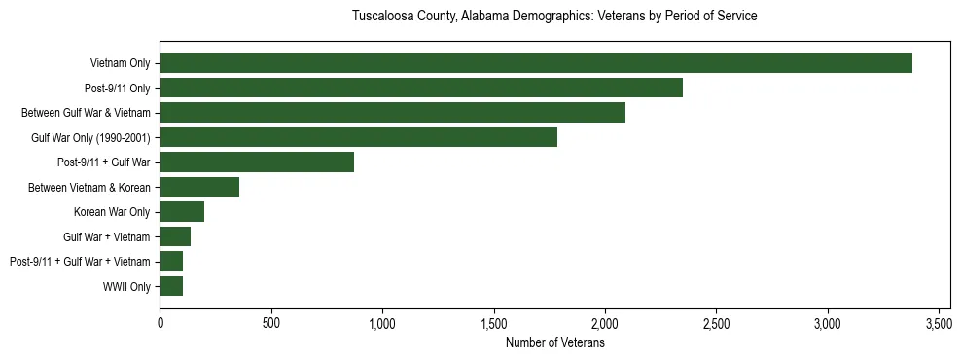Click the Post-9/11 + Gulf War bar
click(257, 162)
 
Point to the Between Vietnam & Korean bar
click(199, 187)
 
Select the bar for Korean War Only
click(182, 212)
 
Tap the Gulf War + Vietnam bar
click(175, 236)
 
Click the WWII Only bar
click(171, 286)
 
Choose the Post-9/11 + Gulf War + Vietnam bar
click(171, 261)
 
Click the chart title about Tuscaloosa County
click(554, 17)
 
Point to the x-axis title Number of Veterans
click(554, 343)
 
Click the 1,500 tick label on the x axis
click(494, 323)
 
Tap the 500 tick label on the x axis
click(271, 323)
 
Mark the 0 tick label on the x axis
click(160, 323)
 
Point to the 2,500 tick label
click(717, 323)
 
